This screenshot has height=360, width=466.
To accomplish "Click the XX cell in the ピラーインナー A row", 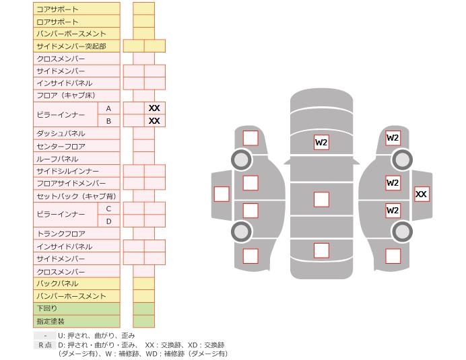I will (154, 108).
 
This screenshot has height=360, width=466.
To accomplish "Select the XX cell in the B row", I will (154, 121).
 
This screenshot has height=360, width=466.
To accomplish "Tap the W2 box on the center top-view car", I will (321, 142).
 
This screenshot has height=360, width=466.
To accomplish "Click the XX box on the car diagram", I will (421, 194).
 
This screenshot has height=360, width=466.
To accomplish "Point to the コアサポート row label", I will (57, 9).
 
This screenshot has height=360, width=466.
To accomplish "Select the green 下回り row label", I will (47, 308).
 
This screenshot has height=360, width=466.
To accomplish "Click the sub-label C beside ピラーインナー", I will (108, 209).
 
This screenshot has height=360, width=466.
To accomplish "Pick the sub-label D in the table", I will (108, 221).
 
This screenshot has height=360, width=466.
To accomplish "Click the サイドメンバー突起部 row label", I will (71, 46).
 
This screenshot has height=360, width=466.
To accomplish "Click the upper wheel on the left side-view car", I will (241, 159).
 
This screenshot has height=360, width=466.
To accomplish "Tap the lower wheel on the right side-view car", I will (402, 231).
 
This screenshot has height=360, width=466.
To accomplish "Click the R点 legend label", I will (44, 345).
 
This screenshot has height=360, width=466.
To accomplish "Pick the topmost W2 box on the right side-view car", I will (393, 138).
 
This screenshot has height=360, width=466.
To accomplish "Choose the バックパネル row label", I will (57, 283).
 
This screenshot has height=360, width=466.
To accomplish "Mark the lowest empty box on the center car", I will (321, 251).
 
